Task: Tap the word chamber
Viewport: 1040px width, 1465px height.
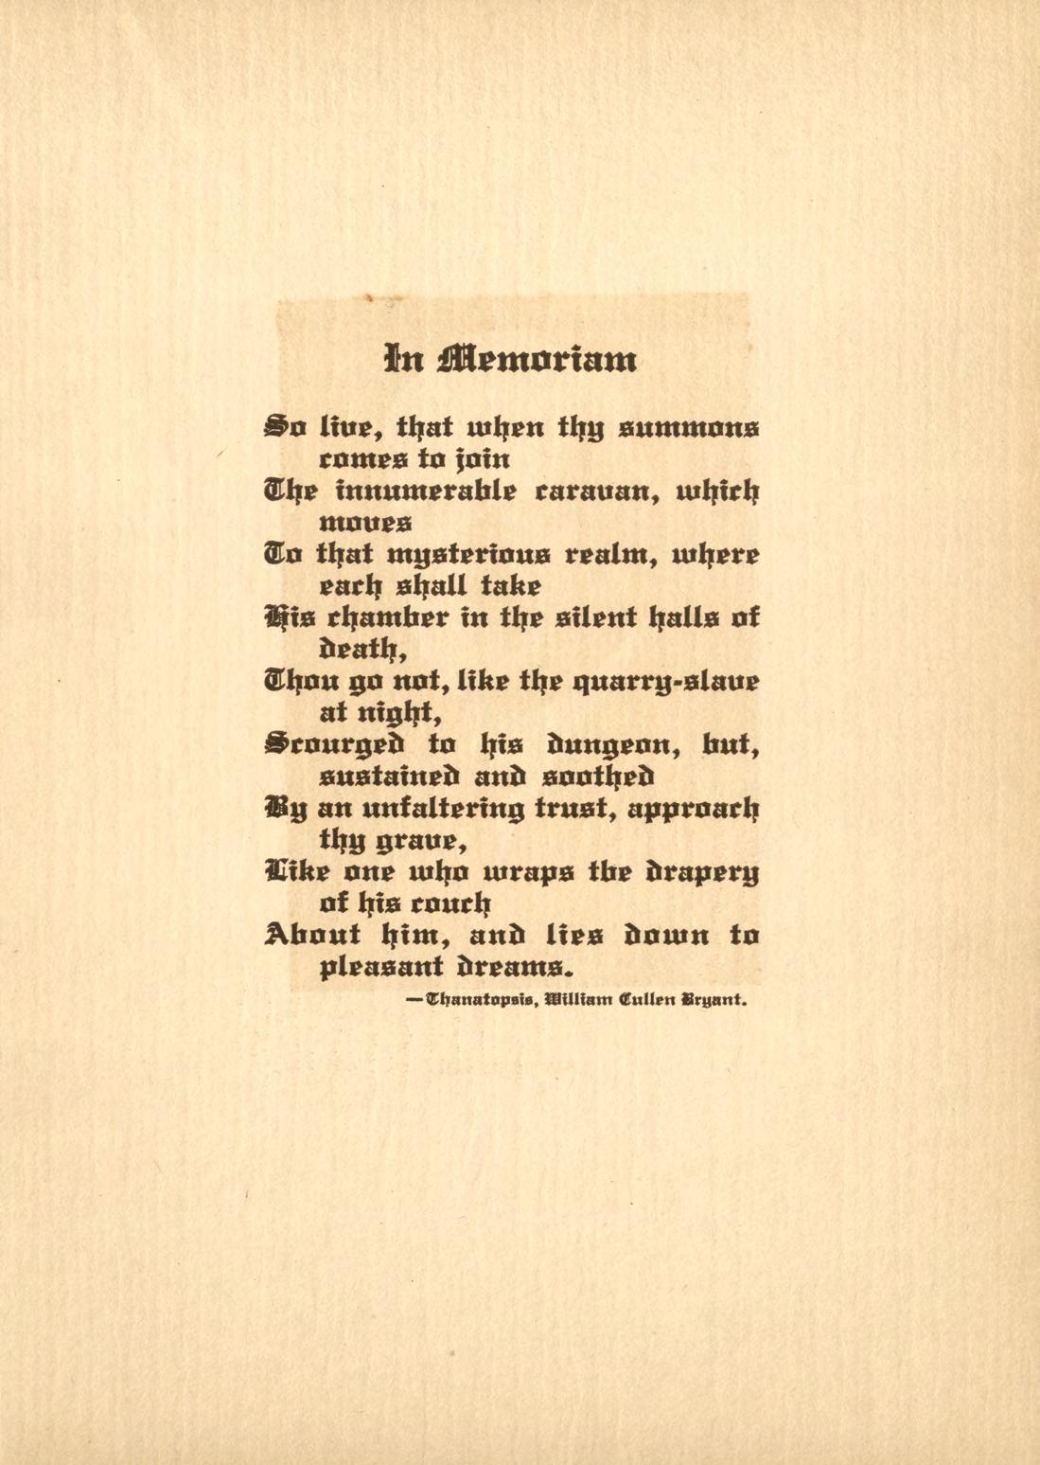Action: pyautogui.click(x=381, y=617)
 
